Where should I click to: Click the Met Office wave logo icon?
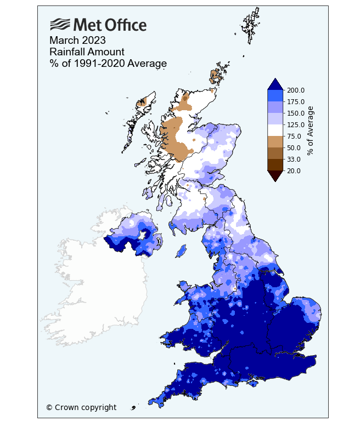[x=60, y=25]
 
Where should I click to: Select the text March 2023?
[x=77, y=41]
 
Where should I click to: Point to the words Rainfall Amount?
[x=87, y=52]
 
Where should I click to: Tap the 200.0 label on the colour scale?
[x=296, y=90]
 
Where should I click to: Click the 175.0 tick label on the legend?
[x=296, y=102]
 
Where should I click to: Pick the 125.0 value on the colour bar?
[x=296, y=125]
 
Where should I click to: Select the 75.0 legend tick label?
[x=294, y=136]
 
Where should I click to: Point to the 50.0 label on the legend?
[x=294, y=148]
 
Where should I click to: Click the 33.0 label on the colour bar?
[x=294, y=160]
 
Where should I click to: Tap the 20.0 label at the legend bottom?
[x=294, y=171]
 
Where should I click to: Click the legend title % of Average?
[x=311, y=130]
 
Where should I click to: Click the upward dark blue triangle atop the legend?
[x=275, y=83]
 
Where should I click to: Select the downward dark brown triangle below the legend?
[x=275, y=175]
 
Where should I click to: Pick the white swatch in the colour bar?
[x=275, y=130]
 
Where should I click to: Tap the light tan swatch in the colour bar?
[x=275, y=142]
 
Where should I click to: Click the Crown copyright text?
[x=81, y=407]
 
